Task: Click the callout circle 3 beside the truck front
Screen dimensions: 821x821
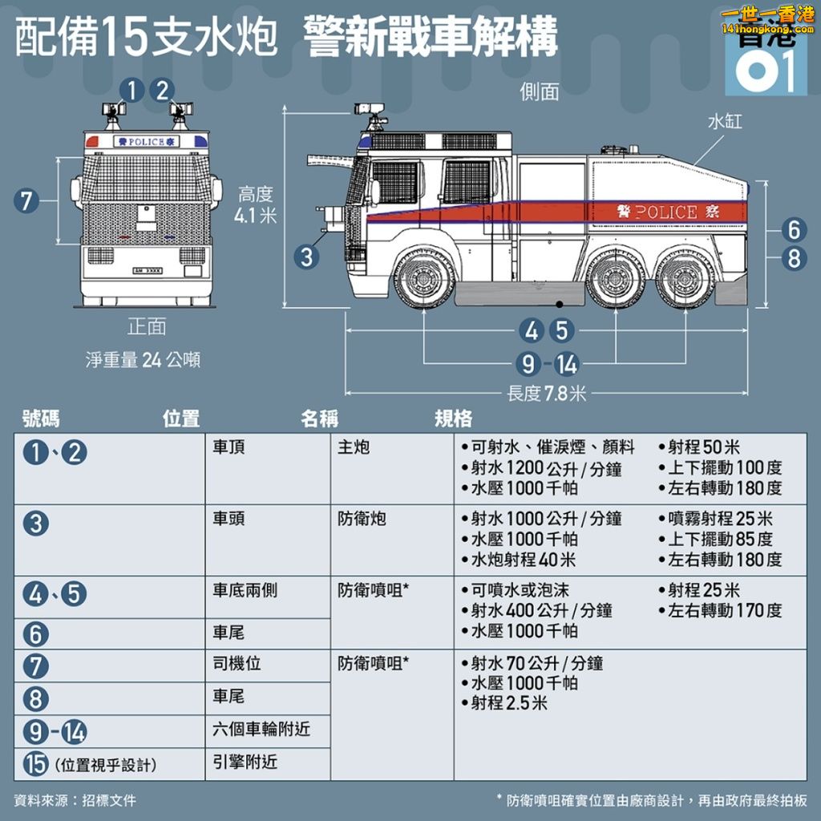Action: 307,257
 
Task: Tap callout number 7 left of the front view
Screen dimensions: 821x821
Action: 26,200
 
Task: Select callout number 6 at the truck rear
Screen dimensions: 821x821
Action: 794,229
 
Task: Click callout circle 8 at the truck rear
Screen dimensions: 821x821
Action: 794,258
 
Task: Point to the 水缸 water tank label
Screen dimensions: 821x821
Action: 725,122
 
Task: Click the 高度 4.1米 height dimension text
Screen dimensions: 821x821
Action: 256,204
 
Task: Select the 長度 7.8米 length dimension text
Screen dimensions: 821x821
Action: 546,393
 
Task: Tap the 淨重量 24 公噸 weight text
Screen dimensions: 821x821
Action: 143,360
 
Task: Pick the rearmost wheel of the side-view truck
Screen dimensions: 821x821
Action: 685,278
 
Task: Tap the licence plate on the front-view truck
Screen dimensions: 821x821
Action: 148,271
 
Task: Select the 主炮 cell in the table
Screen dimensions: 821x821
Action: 354,447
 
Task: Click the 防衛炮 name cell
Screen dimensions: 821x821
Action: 362,519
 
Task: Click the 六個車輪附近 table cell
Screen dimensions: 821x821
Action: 261,729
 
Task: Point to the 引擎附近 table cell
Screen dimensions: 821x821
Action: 245,762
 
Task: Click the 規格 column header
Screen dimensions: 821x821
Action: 454,419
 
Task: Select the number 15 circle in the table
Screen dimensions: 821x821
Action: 36,764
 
